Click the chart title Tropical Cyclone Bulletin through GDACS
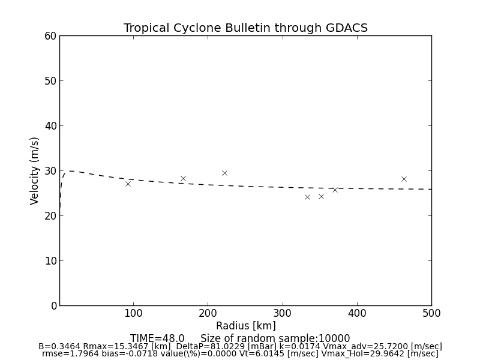point(245,28)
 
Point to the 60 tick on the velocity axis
point(50,36)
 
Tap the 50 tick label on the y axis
point(50,81)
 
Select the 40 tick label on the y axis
point(50,126)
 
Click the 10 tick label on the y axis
point(50,261)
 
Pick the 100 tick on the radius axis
point(133,313)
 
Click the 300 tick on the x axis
point(282,313)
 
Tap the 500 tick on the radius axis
point(431,313)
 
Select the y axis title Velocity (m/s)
point(35,170)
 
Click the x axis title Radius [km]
point(245,326)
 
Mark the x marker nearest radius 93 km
point(128,184)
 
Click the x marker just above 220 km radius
point(224,173)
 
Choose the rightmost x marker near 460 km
point(404,179)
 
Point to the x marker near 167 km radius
point(183,178)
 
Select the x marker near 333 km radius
point(307,197)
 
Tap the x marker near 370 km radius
point(335,190)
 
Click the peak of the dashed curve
point(71,171)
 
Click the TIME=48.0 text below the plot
point(157,338)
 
